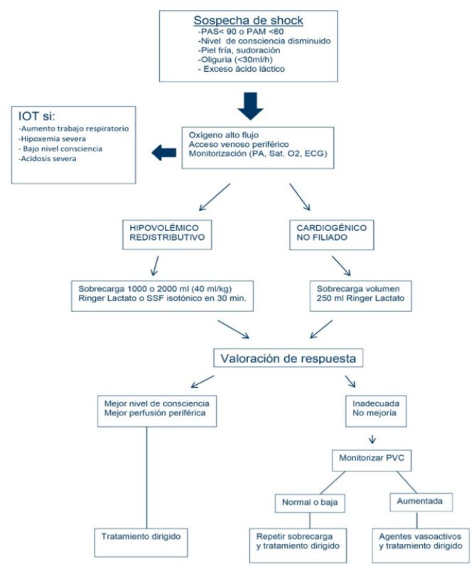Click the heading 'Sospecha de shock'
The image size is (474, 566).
click(x=248, y=20)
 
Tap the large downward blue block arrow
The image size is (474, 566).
click(x=250, y=106)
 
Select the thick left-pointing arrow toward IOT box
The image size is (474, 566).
click(x=164, y=153)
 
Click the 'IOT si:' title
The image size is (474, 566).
click(x=36, y=116)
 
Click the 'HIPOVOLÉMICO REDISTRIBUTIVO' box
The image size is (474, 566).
click(x=167, y=234)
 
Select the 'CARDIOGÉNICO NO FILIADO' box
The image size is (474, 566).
click(x=332, y=234)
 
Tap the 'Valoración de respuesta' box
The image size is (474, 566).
click(x=289, y=358)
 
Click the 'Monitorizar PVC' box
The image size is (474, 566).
click(x=372, y=460)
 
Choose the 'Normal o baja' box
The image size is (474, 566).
click(x=310, y=504)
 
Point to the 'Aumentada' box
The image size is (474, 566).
click(x=421, y=502)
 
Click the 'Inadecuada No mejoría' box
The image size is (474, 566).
click(x=376, y=411)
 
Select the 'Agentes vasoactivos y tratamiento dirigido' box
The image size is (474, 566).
click(x=421, y=545)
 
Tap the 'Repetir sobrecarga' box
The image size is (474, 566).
click(x=298, y=545)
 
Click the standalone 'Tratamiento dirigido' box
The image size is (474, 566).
click(x=141, y=543)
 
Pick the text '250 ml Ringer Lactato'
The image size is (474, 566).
click(x=360, y=298)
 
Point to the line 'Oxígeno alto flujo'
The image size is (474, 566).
click(x=224, y=135)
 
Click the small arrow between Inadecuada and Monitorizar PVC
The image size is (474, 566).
click(x=372, y=440)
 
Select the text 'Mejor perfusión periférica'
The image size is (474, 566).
click(x=155, y=413)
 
